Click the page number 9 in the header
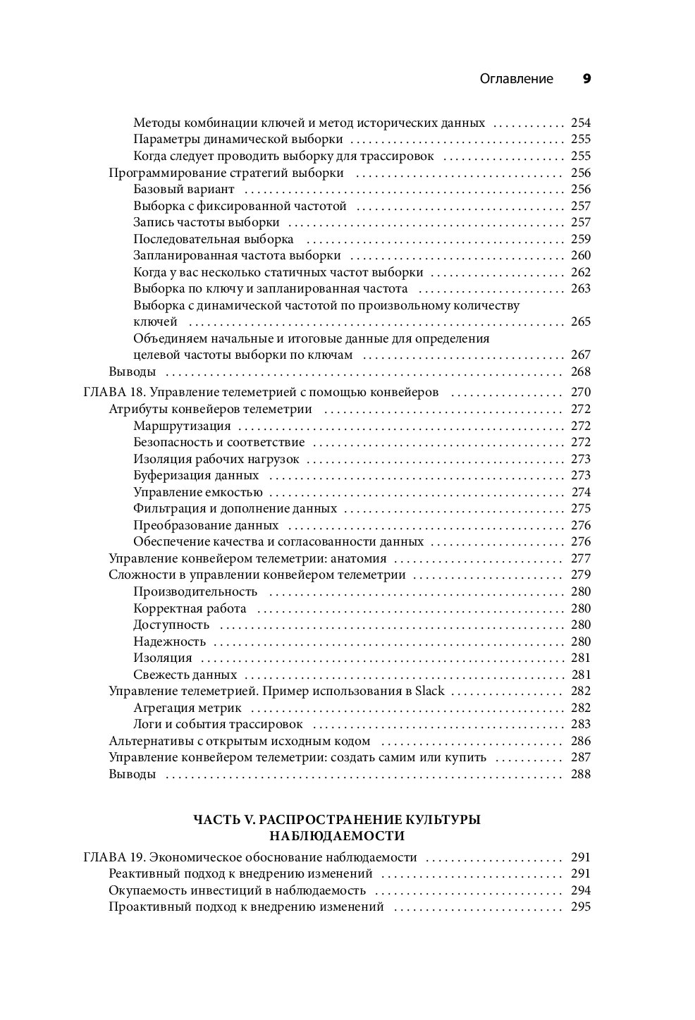[586, 79]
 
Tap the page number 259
[581, 239]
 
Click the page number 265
[581, 322]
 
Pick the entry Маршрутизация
[182, 426]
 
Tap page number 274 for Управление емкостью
[581, 492]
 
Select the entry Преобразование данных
[206, 525]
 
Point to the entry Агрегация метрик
[187, 708]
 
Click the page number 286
[581, 741]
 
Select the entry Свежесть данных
[185, 675]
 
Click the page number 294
[581, 891]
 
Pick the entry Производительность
[195, 591]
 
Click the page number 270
[581, 393]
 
